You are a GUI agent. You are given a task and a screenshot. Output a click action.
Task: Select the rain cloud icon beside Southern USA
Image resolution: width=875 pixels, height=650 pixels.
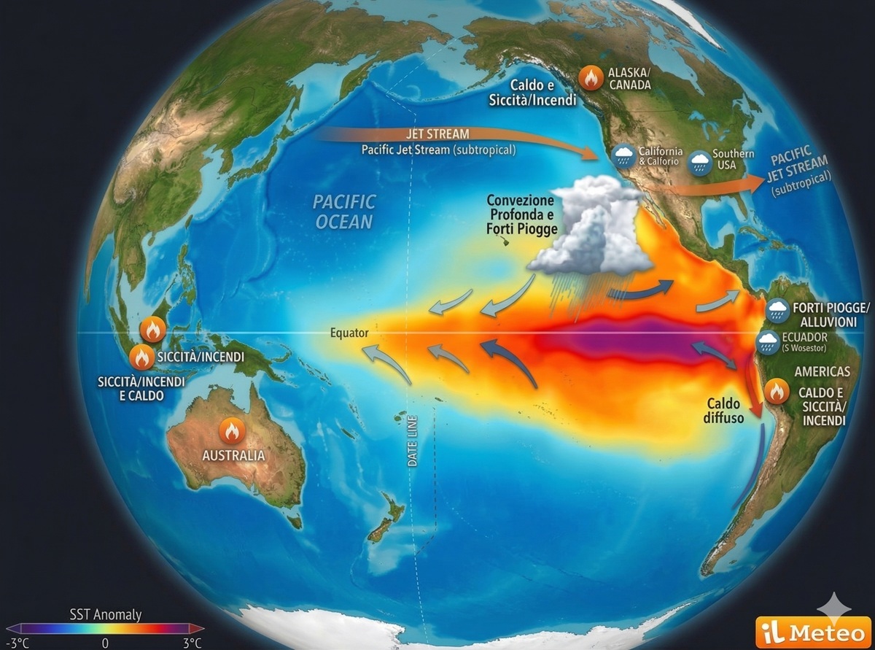coord(700,160)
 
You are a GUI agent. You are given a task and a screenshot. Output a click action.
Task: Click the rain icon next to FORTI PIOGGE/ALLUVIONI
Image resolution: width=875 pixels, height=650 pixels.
coord(777,311)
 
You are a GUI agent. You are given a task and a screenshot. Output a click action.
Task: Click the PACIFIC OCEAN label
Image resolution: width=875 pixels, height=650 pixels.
coord(343,211)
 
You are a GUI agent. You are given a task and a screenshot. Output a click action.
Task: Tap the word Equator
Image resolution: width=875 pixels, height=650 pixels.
coord(349,333)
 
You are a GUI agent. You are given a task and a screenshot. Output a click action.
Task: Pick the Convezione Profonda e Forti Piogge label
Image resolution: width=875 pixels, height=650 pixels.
coord(521,213)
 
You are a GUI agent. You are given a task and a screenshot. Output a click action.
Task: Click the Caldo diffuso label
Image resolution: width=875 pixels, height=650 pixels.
coord(723,411)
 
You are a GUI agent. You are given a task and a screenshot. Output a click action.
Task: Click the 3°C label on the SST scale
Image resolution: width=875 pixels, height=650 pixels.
coord(192,643)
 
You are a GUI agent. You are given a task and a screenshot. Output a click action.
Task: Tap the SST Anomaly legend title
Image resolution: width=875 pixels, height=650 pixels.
coord(106,615)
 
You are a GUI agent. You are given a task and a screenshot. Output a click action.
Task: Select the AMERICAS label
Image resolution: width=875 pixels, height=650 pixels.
coord(822,371)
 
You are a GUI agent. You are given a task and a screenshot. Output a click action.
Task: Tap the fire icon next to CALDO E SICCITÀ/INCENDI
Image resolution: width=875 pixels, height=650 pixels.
coord(776,391)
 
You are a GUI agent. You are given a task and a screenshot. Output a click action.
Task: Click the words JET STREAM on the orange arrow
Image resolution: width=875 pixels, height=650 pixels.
coord(437,134)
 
